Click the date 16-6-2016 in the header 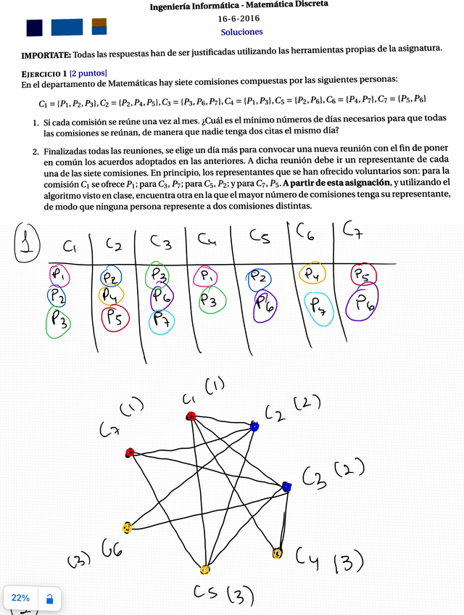pos(242,18)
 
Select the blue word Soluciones pos(242,32)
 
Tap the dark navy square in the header pos(34,28)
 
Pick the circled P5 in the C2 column pos(115,318)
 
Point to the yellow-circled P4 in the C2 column pos(112,295)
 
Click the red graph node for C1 pos(191,416)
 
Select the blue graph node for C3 pos(286,487)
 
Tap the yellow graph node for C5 pos(204,569)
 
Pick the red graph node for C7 pos(130,453)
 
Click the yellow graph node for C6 pos(128,527)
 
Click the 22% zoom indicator pos(20,598)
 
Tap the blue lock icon pos(49,599)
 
